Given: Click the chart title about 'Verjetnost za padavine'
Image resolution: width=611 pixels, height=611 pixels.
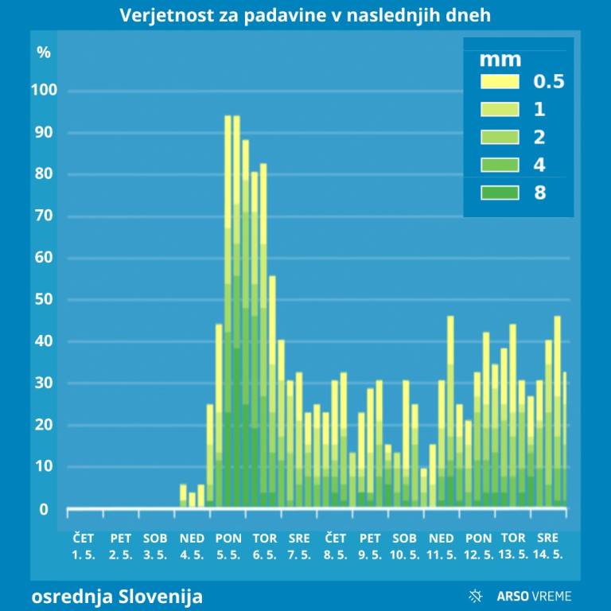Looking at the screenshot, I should tap(305, 15).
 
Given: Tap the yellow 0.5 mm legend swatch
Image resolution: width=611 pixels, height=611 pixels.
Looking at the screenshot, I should tap(500, 81).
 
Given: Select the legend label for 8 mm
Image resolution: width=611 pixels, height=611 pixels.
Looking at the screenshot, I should tap(539, 193).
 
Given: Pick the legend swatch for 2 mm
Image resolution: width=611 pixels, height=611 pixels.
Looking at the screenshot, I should tap(500, 137).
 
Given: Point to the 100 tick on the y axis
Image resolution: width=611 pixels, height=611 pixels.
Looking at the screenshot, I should tap(44, 91).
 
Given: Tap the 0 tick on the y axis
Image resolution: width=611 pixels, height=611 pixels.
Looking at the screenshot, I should tap(45, 509).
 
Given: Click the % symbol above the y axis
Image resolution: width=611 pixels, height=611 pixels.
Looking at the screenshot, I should tap(44, 53).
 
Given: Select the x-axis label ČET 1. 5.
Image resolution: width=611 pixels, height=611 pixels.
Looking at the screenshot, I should tap(83, 547).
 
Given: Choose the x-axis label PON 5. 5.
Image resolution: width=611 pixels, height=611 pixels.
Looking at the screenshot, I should tap(228, 547).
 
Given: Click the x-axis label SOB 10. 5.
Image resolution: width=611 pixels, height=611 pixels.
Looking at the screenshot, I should tap(404, 547).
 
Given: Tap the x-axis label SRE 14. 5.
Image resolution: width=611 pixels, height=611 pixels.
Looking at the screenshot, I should tap(547, 547).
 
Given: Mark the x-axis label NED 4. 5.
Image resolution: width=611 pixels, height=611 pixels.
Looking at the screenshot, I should tap(192, 547).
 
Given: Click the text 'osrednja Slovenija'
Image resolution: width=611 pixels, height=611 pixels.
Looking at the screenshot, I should tap(117, 596).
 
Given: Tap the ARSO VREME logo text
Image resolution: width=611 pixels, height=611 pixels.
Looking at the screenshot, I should tap(534, 596).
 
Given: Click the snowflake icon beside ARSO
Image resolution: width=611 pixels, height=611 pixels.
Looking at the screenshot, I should tap(476, 596).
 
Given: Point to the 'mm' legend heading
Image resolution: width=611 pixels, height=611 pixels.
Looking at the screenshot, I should tap(500, 60).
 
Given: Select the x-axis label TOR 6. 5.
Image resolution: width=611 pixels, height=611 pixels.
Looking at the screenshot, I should tap(264, 547).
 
